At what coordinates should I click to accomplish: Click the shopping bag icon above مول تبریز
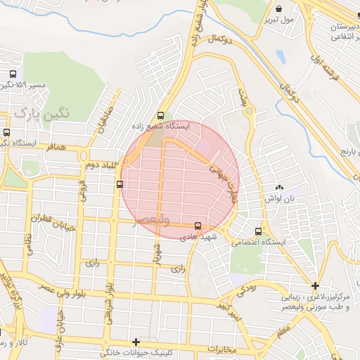point(280,9)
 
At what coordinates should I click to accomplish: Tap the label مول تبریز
point(281,20)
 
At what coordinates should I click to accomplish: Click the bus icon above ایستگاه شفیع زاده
point(161,115)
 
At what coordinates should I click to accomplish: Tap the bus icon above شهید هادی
point(198,226)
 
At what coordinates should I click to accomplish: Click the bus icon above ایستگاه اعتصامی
point(259,231)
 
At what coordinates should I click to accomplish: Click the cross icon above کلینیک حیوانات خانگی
point(136,341)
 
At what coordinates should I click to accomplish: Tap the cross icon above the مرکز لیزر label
point(316,285)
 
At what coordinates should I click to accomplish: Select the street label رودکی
point(245,287)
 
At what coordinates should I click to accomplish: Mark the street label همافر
point(57,149)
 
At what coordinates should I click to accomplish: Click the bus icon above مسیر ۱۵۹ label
point(13,74)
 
